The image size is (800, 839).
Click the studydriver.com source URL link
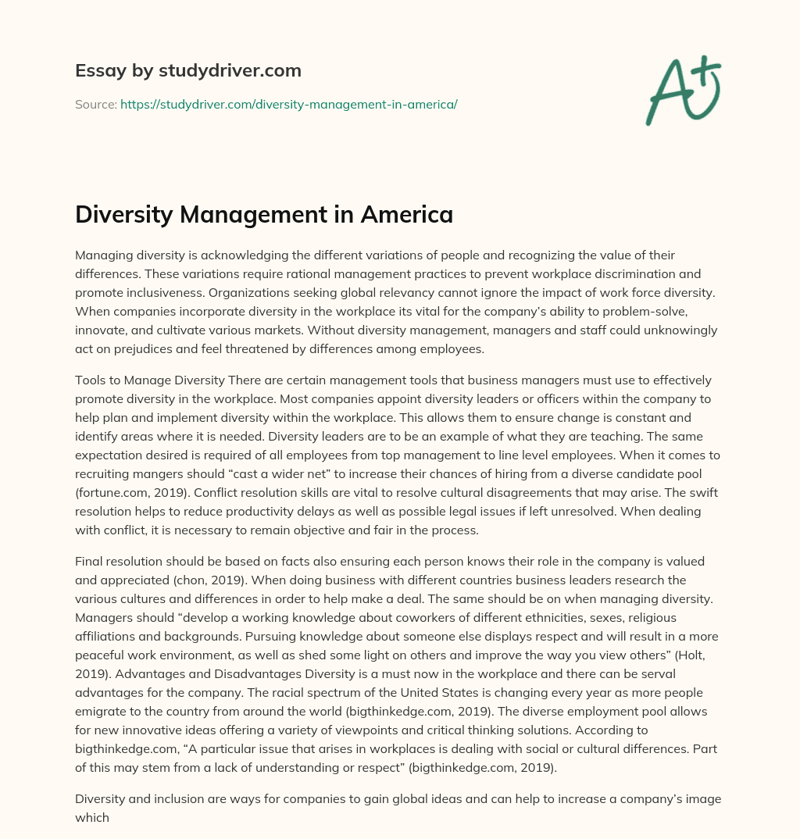pyautogui.click(x=288, y=104)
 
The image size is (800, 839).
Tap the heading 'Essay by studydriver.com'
pyautogui.click(x=188, y=70)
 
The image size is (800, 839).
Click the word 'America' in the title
pyautogui.click(x=406, y=214)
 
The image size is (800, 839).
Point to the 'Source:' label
pyautogui.click(x=95, y=104)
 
